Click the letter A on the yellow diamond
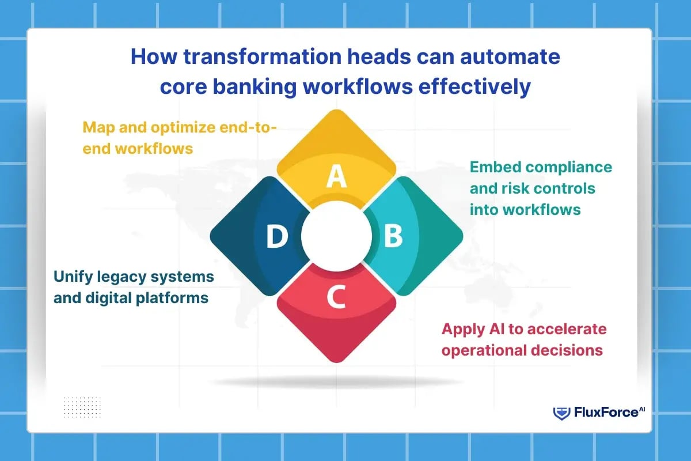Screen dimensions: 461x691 [336, 177]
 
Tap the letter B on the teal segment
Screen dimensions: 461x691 [393, 236]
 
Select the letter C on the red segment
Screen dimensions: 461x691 [336, 297]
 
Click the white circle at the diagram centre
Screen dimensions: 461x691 [336, 236]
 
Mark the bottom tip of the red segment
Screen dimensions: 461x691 [336, 362]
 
